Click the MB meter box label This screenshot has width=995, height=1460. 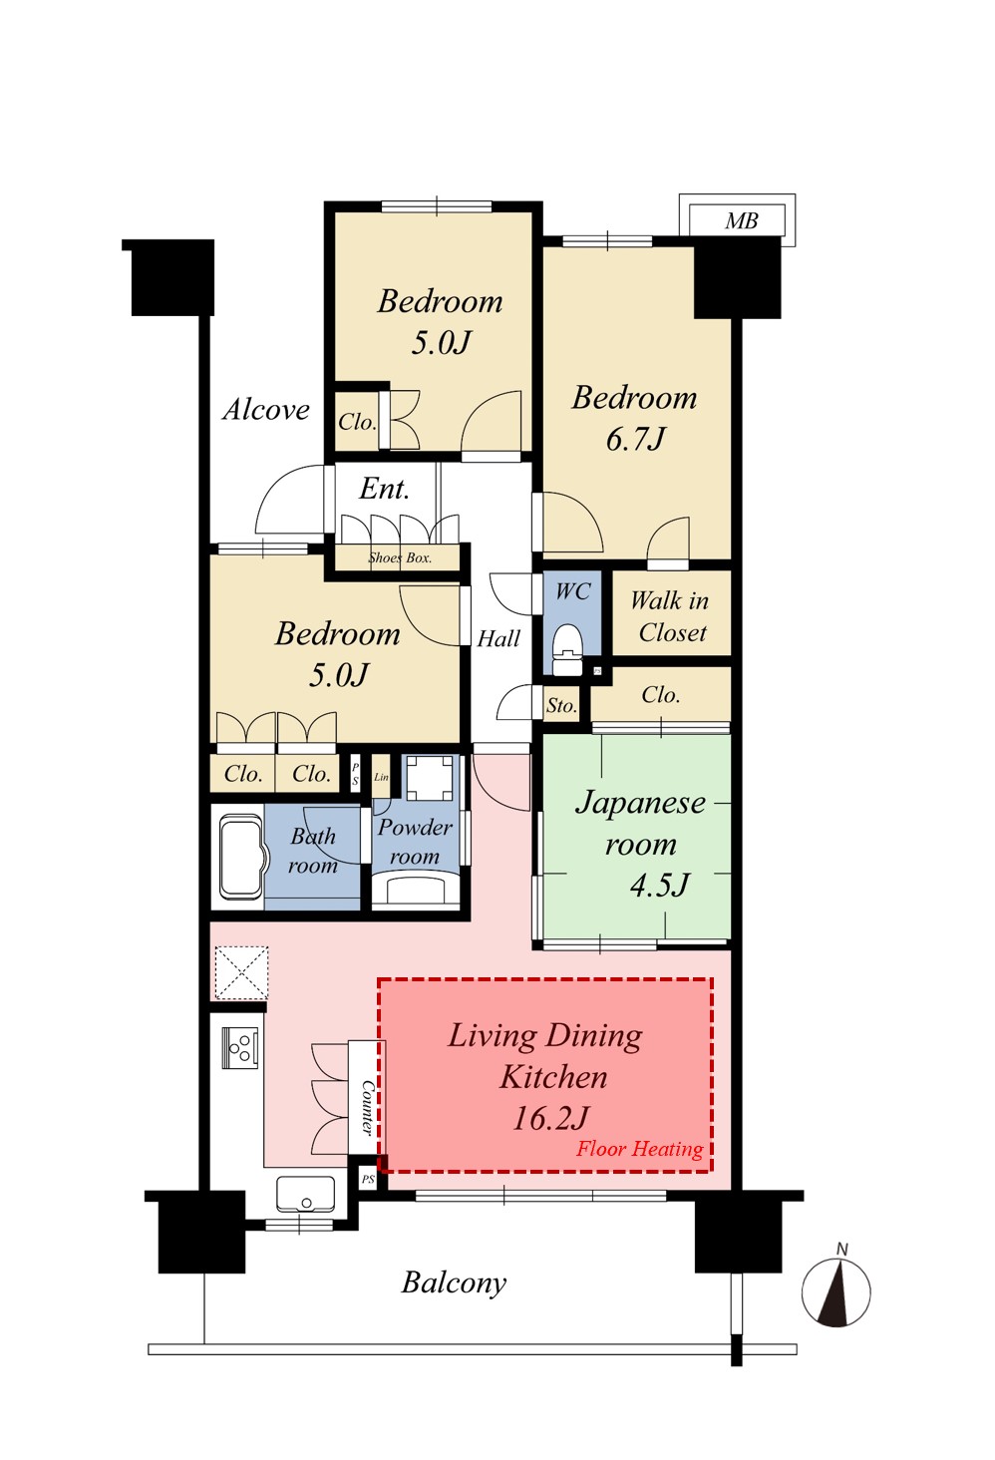point(742,221)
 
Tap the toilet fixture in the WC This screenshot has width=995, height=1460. point(566,649)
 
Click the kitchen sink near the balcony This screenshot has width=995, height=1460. point(306,1194)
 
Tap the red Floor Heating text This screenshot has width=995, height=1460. point(639,1149)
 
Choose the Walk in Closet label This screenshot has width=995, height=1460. point(670,616)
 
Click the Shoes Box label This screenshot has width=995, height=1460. point(400,557)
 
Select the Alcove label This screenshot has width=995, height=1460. point(266,410)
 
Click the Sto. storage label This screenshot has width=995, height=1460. point(561,706)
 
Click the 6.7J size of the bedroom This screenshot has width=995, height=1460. point(635,439)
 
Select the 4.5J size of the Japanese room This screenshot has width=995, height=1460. point(659,885)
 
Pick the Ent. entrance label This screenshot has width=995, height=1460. point(385,489)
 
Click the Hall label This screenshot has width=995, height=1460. point(498,638)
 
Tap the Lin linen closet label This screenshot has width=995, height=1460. point(381,776)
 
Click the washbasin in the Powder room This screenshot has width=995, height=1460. point(415,889)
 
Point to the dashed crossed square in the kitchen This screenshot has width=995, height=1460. point(241,972)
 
